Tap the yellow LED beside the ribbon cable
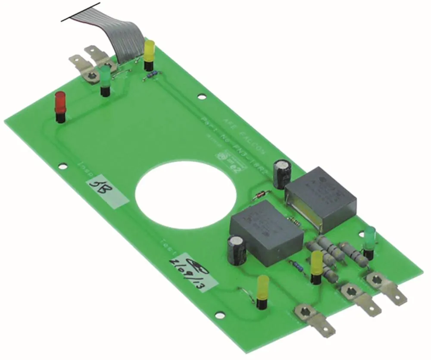(x=149, y=51)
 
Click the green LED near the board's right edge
(x=369, y=238)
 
